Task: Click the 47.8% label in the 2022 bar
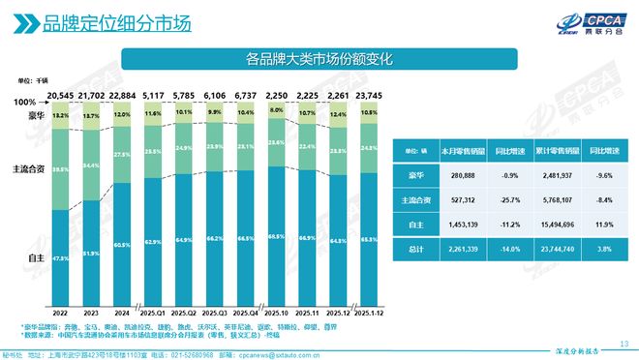[x=60, y=259]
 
